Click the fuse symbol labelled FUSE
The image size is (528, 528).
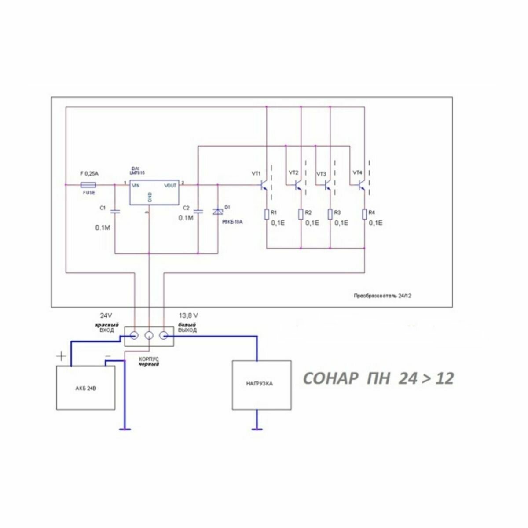tap(89, 185)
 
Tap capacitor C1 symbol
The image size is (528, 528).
tap(115, 212)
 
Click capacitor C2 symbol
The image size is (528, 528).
tap(198, 212)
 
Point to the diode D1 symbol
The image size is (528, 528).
tap(218, 212)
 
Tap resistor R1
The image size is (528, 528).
tap(267, 214)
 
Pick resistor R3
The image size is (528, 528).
tap(330, 214)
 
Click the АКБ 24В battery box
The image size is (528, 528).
tap(86, 388)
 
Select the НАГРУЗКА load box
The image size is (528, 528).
tap(261, 384)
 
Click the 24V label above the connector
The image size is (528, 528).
tap(106, 316)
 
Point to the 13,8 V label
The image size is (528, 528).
tap(188, 316)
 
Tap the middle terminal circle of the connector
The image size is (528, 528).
tap(149, 336)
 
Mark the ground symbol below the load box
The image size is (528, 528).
tap(257, 428)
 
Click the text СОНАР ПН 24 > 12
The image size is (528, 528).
tap(378, 378)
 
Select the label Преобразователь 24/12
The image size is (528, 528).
tap(382, 296)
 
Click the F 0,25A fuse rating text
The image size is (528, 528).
tap(90, 174)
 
